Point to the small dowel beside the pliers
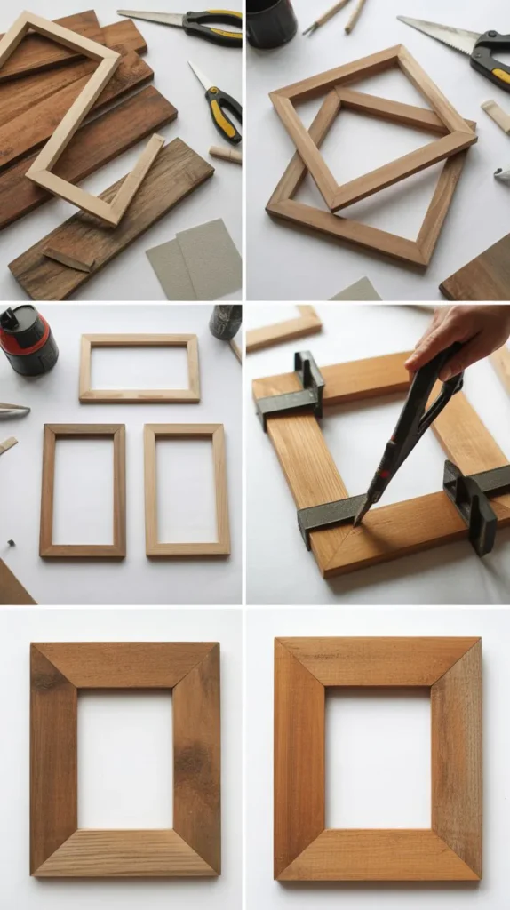pos(225,154)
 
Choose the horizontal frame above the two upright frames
pos(139,368)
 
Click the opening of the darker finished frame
pos(125,759)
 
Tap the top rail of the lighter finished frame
pos(378,661)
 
